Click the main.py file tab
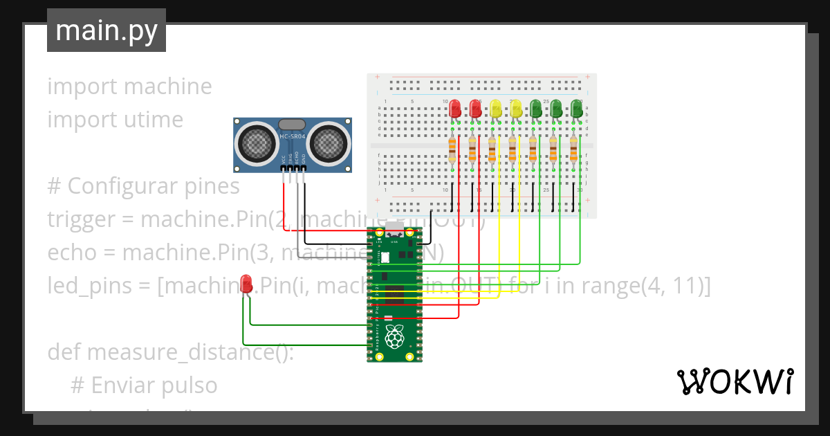pyautogui.click(x=107, y=30)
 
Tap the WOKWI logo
pyautogui.click(x=735, y=382)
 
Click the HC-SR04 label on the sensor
pyautogui.click(x=293, y=136)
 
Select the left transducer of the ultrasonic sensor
pyautogui.click(x=256, y=143)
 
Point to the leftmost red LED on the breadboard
pyautogui.click(x=454, y=109)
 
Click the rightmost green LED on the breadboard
pyautogui.click(x=576, y=109)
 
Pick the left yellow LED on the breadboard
pyautogui.click(x=495, y=109)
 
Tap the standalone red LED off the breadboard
pyautogui.click(x=246, y=282)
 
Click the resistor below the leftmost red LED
pyautogui.click(x=452, y=149)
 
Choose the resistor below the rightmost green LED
pyautogui.click(x=573, y=149)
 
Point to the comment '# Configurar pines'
pyautogui.click(x=143, y=186)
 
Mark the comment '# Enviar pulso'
pyautogui.click(x=144, y=385)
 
